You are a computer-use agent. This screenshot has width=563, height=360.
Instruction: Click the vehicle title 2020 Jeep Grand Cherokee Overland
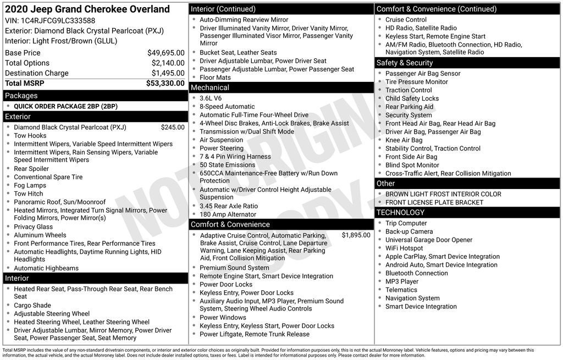pyautogui.click(x=87, y=9)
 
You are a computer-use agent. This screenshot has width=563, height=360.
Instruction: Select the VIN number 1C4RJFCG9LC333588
pyautogui.click(x=58, y=21)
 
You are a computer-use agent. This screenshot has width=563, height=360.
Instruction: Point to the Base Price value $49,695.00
pyautogui.click(x=165, y=53)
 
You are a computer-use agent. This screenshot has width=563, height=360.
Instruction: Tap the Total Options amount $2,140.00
pyautogui.click(x=168, y=63)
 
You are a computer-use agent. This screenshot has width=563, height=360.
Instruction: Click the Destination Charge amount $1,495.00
pyautogui.click(x=168, y=73)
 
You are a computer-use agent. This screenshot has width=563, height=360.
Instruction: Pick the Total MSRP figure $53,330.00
pyautogui.click(x=165, y=84)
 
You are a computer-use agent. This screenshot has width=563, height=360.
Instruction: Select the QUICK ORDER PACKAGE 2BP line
pyautogui.click(x=65, y=106)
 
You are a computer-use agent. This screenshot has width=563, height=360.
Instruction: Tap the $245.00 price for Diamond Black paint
pyautogui.click(x=173, y=128)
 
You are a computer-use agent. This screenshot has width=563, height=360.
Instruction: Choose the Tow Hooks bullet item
pyautogui.click(x=30, y=136)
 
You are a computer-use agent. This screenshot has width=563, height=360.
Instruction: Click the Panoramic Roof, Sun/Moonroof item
pyautogui.click(x=59, y=202)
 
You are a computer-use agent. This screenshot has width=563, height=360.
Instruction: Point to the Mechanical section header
pyautogui.click(x=209, y=87)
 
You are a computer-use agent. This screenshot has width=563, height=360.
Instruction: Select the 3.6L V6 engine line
pyautogui.click(x=211, y=98)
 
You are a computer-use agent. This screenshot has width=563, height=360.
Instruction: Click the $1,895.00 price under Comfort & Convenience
pyautogui.click(x=356, y=235)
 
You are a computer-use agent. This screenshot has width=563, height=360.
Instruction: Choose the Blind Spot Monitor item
pyautogui.click(x=412, y=165)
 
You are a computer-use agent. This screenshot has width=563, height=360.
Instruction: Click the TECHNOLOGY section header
pyautogui.click(x=400, y=212)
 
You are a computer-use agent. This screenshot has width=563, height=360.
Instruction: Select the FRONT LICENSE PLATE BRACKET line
pyautogui.click(x=434, y=202)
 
